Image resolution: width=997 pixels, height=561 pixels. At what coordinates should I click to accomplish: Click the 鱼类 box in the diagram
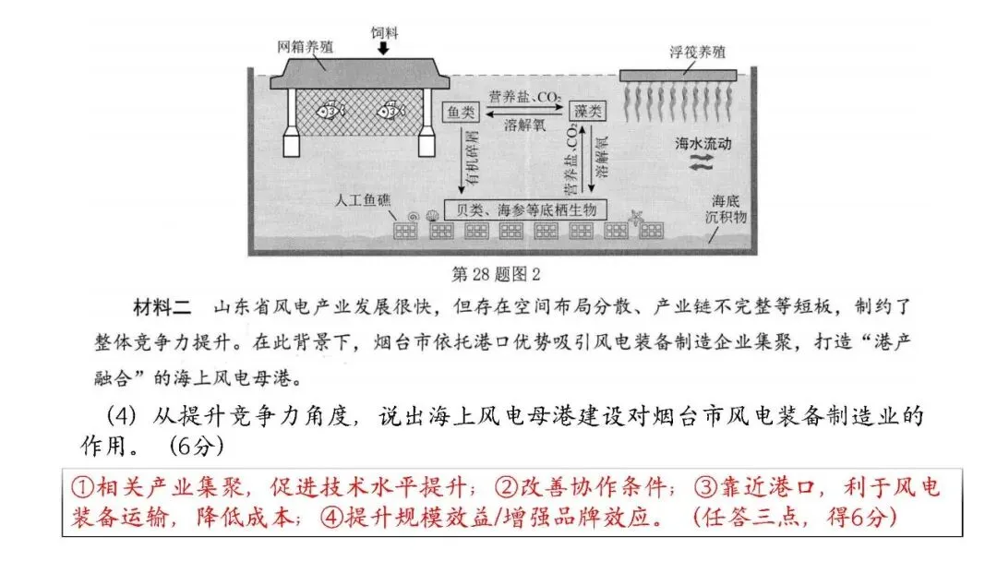(x=461, y=112)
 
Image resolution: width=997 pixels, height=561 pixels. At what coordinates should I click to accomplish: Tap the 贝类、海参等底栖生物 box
(x=525, y=209)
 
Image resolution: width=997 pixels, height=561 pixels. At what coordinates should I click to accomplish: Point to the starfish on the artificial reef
(x=636, y=219)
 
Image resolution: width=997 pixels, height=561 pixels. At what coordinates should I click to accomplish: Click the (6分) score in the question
(x=197, y=447)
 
